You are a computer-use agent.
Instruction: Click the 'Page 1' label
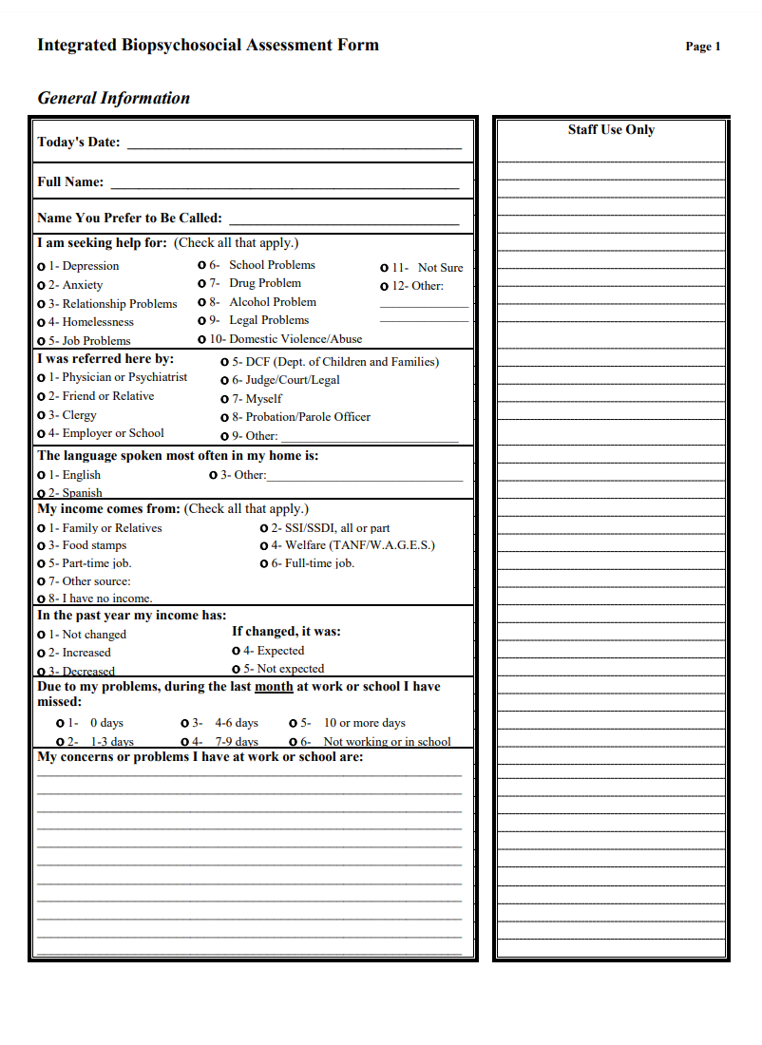703,47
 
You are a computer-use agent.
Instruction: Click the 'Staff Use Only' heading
611,130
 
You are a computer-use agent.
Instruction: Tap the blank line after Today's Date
294,145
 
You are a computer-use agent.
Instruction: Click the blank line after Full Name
284,184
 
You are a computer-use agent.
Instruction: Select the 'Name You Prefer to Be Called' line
343,220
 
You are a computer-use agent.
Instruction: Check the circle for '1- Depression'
41,267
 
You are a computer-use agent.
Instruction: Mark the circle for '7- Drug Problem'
202,284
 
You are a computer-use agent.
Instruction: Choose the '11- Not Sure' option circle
385,269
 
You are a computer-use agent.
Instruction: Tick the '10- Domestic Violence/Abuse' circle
202,339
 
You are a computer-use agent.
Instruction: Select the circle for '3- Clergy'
41,415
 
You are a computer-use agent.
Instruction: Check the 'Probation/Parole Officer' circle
225,418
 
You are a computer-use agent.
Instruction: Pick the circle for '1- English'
41,475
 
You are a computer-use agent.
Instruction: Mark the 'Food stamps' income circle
41,546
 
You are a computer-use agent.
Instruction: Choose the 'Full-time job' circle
264,564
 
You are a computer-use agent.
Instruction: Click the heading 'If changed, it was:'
286,632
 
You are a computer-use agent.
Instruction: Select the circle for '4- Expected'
237,652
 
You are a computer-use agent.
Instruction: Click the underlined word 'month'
274,687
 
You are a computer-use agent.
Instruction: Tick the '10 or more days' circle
294,724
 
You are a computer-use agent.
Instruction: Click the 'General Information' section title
113,98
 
